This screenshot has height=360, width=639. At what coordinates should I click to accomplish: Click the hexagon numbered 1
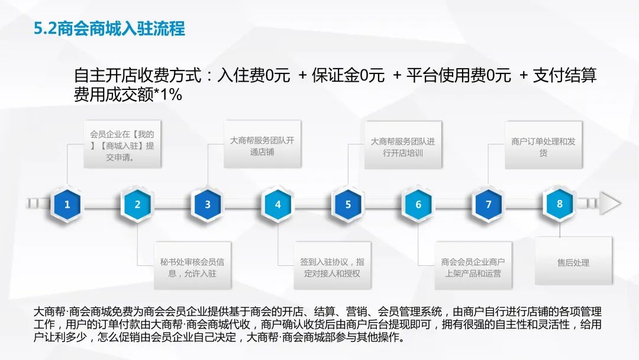coord(67,204)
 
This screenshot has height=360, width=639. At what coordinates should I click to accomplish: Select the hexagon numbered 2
coord(137,204)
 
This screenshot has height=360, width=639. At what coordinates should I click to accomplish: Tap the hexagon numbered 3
coord(208,204)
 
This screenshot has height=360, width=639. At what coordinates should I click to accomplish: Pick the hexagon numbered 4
coord(278,204)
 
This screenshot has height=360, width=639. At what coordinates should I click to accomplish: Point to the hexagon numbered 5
coord(348,204)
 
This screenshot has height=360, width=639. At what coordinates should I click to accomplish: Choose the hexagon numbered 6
coord(418,204)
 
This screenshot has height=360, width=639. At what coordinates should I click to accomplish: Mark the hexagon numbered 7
coord(488,204)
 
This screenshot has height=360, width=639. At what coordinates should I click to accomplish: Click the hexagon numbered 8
coord(560,204)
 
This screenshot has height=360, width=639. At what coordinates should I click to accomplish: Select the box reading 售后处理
coord(573,261)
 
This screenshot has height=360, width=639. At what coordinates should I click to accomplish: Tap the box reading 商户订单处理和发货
coord(543,144)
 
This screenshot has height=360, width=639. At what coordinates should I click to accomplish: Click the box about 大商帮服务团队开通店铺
coord(262,144)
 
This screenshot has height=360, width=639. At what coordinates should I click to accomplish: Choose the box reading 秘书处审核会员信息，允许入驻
coord(192,266)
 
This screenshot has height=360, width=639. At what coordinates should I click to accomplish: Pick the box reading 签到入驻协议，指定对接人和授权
coord(332,266)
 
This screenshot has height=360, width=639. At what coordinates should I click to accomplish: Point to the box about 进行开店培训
coord(403,144)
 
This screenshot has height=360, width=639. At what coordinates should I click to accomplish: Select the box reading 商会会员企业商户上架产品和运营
coord(473,266)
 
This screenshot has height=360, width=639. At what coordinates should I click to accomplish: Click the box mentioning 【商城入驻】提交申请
coord(122,144)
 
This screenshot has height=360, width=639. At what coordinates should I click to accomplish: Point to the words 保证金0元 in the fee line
coord(348,75)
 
